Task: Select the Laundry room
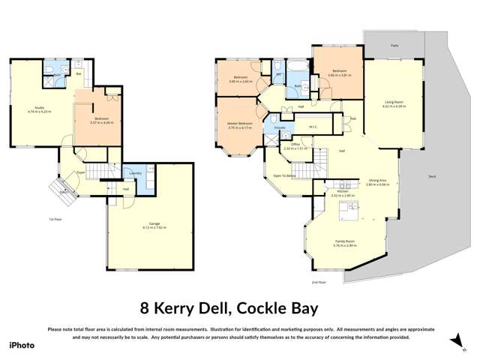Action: tap(136, 174)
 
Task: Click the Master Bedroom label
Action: tap(241, 124)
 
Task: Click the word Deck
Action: tap(432, 176)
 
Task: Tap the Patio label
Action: tap(394, 45)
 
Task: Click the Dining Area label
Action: tap(378, 181)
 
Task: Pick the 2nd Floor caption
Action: tap(319, 282)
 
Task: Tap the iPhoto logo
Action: tap(22, 345)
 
